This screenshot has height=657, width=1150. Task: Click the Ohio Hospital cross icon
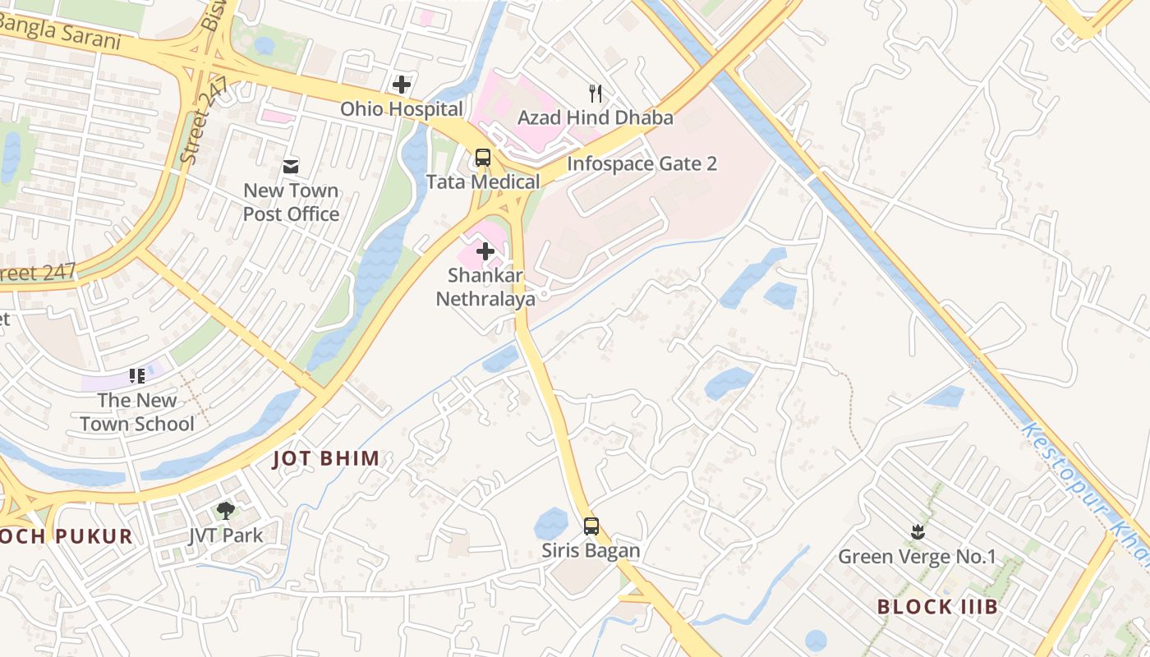402,85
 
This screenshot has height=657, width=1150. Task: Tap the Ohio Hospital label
402,108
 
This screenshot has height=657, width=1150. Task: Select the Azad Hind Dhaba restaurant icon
596,94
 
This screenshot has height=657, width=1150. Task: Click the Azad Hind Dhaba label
596,117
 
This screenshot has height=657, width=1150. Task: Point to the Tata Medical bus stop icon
483,158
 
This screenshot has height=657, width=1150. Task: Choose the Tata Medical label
483,181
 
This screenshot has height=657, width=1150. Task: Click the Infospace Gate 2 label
642,163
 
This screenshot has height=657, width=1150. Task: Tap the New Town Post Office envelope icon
291,167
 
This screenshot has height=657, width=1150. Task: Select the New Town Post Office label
291,202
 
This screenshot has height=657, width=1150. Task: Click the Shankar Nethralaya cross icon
485,251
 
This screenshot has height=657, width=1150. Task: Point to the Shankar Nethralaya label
485,287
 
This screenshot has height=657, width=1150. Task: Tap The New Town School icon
137,376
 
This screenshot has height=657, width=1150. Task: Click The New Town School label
137,412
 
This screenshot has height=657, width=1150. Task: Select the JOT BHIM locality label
326,458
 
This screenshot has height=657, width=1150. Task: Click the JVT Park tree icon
226,511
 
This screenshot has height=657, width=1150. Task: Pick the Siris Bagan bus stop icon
591,526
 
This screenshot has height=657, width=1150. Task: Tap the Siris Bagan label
591,550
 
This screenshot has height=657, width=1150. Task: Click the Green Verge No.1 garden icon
917,532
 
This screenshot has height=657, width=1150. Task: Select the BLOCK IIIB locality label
937,607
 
